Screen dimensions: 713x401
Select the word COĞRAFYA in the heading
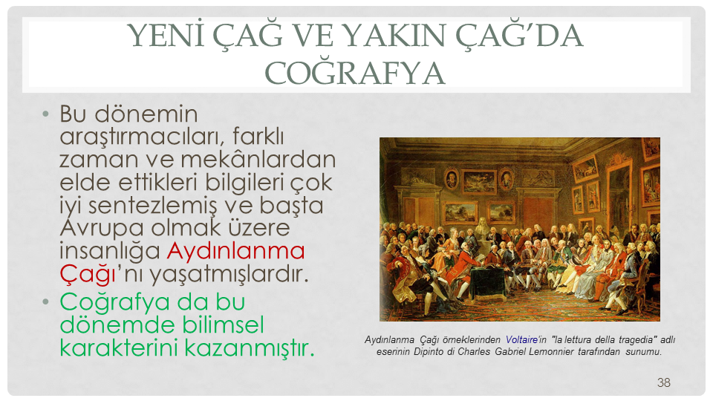pos(355,73)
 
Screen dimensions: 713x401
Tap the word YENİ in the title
pos(166,35)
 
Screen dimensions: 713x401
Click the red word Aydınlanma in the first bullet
pos(235,250)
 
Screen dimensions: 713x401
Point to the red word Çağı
pos(88,274)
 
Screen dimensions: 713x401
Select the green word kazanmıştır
pos(250,348)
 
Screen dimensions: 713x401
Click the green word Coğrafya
pos(114,302)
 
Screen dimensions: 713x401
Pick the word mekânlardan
pos(258,159)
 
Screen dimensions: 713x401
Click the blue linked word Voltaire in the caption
pos(521,339)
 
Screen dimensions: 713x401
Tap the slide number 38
pos(663,382)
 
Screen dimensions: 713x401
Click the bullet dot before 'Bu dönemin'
pos(45,114)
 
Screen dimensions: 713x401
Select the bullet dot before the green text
pos(45,301)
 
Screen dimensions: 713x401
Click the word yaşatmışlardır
pos(229,274)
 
